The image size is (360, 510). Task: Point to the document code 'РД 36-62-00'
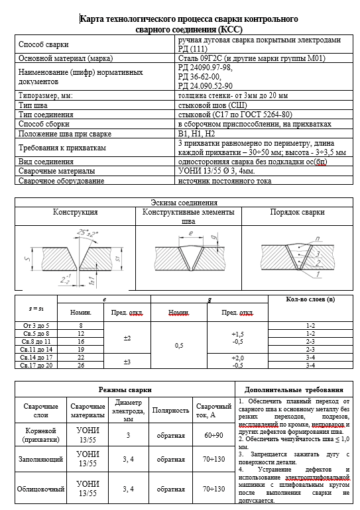click(x=202, y=76)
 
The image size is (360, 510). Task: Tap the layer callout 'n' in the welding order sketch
click(x=321, y=238)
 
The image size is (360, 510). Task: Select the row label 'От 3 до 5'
click(x=35, y=326)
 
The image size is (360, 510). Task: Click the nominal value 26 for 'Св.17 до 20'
click(x=80, y=365)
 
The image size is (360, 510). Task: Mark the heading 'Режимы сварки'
click(x=125, y=390)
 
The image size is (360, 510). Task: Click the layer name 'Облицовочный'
click(x=40, y=489)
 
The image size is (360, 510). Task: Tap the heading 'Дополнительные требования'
click(x=294, y=390)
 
